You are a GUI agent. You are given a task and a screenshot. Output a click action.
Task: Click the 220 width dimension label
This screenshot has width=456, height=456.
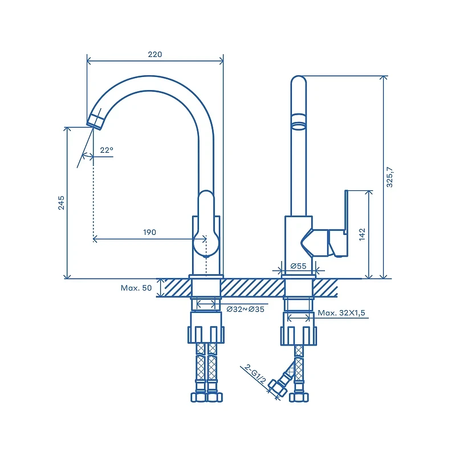154,54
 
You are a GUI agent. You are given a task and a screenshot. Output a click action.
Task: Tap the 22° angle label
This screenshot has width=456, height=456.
107,150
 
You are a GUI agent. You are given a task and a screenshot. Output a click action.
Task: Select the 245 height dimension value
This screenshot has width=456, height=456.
61,203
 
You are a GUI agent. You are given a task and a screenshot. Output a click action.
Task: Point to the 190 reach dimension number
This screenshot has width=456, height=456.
149,232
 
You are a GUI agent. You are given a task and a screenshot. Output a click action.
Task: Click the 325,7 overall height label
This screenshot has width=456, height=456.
389,177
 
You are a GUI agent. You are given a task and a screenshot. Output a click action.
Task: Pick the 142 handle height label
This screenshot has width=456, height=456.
362,234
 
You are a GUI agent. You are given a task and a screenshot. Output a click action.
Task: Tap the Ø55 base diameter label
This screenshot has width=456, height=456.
298,266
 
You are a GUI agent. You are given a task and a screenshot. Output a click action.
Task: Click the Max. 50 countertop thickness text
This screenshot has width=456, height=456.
136,288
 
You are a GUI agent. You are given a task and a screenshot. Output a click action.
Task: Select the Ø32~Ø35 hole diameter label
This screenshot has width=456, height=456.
246,309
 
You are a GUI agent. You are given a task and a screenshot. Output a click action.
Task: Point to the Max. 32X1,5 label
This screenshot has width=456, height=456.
341,313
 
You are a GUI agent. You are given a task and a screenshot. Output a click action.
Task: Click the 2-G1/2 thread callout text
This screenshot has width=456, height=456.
255,374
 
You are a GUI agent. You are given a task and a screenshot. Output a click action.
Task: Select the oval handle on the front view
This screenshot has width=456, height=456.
206,224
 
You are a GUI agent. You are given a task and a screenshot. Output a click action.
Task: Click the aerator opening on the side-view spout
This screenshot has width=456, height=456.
299,126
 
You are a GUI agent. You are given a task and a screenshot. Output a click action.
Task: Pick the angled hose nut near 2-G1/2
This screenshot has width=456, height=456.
278,388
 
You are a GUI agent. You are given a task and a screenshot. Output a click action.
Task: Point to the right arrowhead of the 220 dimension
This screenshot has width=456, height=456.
221,61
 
